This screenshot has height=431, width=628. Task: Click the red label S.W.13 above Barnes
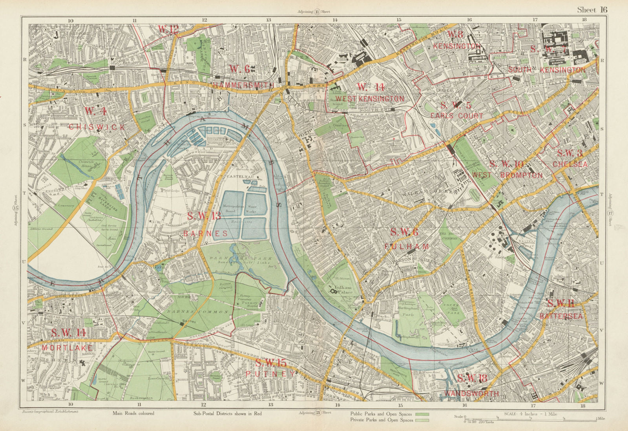(204, 215)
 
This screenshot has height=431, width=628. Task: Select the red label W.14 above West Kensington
(370, 87)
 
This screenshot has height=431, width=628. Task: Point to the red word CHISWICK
(97, 127)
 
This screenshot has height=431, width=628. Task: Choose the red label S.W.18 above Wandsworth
(472, 378)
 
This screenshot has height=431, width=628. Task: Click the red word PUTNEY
(270, 374)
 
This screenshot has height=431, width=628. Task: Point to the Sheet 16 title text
(592, 10)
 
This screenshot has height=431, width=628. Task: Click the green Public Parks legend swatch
(422, 414)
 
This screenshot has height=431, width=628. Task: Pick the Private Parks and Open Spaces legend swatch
(422, 420)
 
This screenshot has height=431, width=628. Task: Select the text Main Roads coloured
(133, 413)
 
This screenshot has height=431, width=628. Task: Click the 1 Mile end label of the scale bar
(600, 419)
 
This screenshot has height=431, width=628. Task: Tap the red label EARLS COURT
(456, 116)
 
